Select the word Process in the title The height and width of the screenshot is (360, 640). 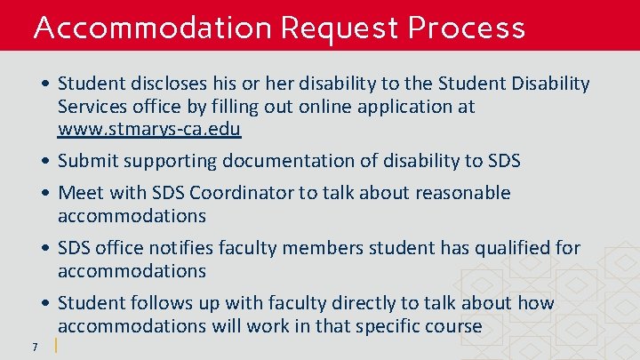click(x=467, y=28)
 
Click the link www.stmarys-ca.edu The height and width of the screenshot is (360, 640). click(x=149, y=129)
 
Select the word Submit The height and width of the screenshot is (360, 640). click(x=86, y=161)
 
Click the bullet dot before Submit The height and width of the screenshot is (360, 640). click(x=45, y=162)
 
